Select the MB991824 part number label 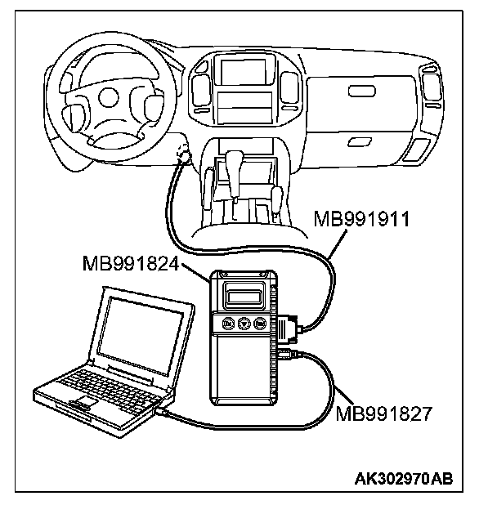[132, 264]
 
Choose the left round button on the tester [227, 324]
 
